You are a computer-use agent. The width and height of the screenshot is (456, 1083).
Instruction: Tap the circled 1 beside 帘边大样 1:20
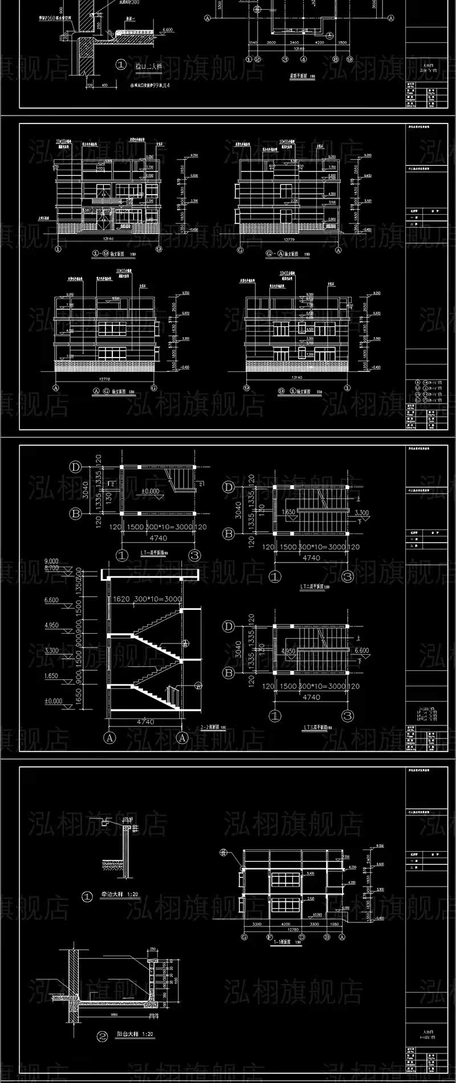(x=87, y=897)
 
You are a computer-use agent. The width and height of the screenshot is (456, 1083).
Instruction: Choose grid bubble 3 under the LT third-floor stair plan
(x=347, y=715)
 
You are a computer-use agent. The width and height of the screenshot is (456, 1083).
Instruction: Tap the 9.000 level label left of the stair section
(x=52, y=560)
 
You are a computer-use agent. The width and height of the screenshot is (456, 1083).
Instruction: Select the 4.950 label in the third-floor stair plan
(x=288, y=650)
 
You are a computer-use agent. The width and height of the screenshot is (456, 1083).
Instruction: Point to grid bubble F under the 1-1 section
(x=268, y=936)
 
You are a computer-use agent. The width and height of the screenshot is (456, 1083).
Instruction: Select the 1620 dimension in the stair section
(x=119, y=600)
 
